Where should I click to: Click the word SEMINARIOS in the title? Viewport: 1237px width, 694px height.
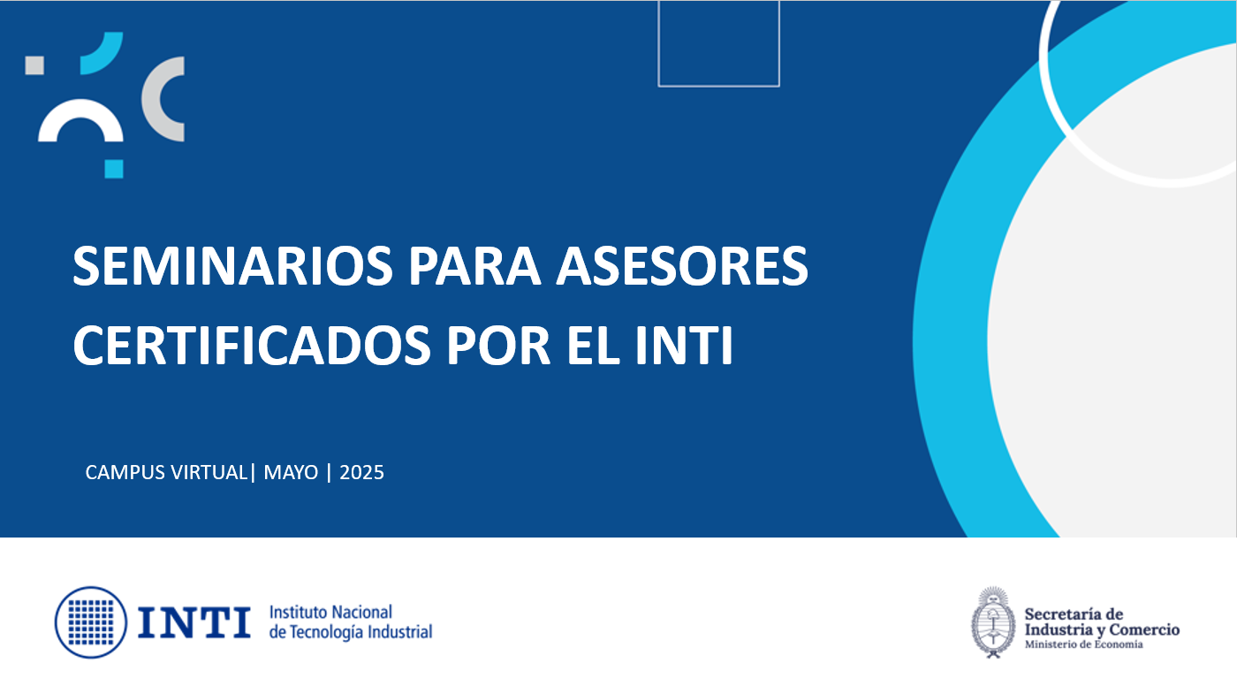[x=232, y=266]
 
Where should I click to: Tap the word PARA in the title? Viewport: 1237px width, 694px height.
[x=474, y=266]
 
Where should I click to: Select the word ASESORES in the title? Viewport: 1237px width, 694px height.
[x=682, y=266]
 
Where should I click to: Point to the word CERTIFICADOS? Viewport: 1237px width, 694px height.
[x=252, y=346]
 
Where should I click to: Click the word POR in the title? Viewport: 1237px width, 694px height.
[x=498, y=346]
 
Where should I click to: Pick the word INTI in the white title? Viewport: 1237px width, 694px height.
[x=684, y=346]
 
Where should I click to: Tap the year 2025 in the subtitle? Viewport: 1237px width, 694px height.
[x=361, y=472]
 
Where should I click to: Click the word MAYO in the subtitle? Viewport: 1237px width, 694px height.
[x=291, y=472]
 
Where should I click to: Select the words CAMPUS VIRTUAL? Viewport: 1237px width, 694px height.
[x=166, y=472]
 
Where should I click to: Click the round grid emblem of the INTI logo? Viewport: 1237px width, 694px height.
[x=91, y=622]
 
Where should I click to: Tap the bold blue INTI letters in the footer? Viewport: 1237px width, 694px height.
[x=194, y=622]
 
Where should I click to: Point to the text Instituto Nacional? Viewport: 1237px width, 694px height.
[x=330, y=612]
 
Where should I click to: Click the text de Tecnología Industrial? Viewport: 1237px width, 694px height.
[x=351, y=631]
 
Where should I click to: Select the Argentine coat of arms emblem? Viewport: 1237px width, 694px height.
[x=993, y=622]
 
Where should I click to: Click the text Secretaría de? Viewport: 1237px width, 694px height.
[x=1074, y=614]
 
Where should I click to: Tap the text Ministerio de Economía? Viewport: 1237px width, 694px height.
[x=1084, y=644]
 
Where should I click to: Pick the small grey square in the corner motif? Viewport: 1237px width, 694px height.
[x=34, y=65]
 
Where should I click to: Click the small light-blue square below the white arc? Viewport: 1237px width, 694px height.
[x=114, y=169]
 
